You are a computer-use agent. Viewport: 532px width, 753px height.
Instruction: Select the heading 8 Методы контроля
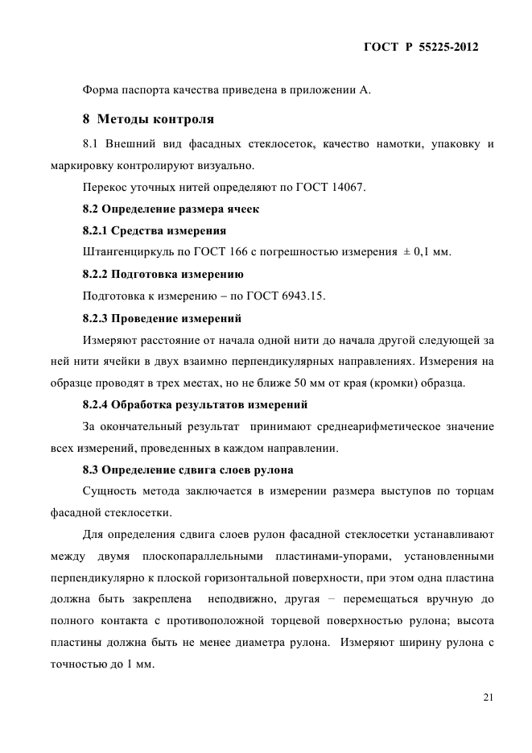click(148, 119)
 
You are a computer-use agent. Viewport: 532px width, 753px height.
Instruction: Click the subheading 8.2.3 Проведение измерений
click(162, 317)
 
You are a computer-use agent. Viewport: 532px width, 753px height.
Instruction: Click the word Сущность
click(109, 490)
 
